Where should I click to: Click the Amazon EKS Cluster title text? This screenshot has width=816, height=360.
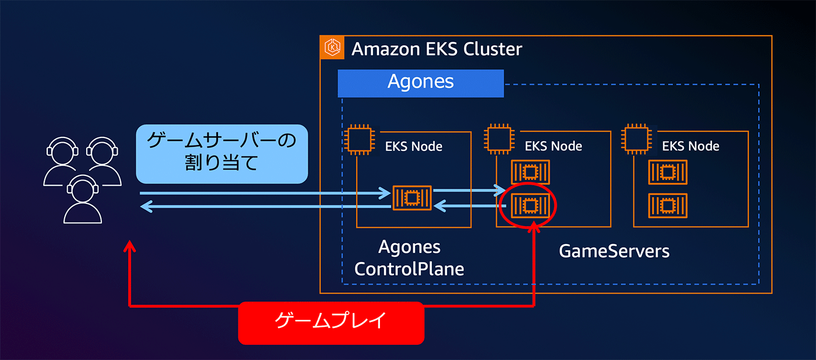tap(437, 49)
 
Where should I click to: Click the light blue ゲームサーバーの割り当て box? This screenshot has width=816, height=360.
tap(221, 154)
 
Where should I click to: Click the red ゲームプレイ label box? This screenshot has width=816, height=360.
tap(330, 322)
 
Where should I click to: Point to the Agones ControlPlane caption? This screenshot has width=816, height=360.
tap(409, 257)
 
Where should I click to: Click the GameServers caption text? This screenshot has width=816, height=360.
tap(614, 251)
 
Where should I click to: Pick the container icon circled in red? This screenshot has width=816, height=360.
tap(529, 206)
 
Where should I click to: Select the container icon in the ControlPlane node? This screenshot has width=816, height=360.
tap(411, 198)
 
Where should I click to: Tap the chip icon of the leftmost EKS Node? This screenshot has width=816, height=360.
tap(357, 139)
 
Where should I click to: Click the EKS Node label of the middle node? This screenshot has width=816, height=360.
tap(553, 146)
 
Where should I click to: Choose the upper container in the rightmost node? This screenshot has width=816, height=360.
tap(668, 172)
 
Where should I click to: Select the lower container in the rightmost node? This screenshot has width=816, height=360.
tap(668, 205)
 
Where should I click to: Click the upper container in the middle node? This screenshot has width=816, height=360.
tap(529, 172)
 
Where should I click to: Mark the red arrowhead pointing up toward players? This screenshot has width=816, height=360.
tap(131, 247)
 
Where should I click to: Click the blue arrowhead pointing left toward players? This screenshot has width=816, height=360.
tap(146, 206)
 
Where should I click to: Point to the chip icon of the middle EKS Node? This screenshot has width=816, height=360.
tap(497, 139)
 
